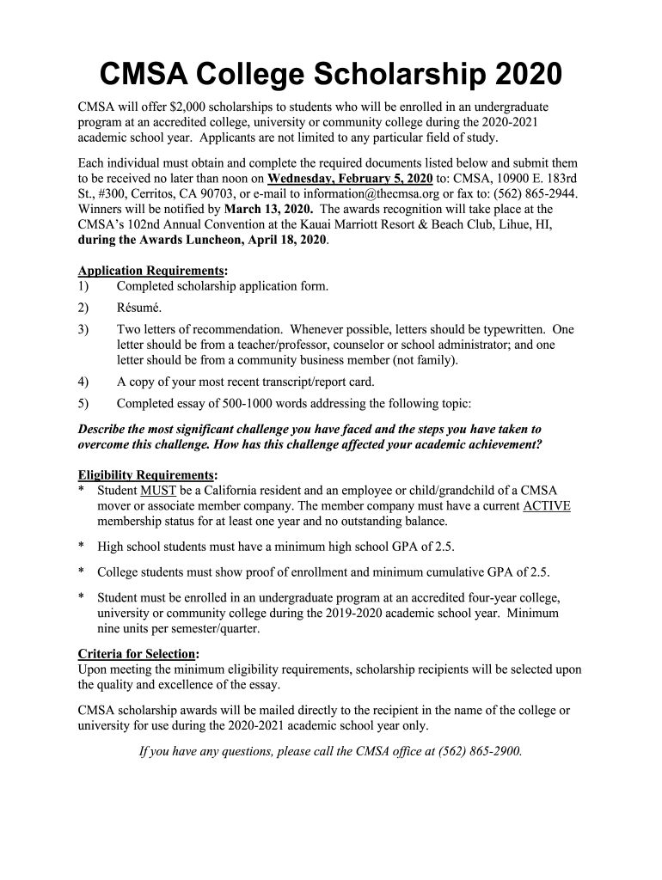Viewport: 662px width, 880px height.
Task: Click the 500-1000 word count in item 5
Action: point(262,403)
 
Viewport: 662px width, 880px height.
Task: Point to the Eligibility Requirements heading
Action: point(145,475)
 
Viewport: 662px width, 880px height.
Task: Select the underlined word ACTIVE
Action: point(546,506)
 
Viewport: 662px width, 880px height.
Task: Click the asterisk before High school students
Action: point(81,547)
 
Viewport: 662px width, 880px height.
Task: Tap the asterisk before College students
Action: point(81,572)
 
